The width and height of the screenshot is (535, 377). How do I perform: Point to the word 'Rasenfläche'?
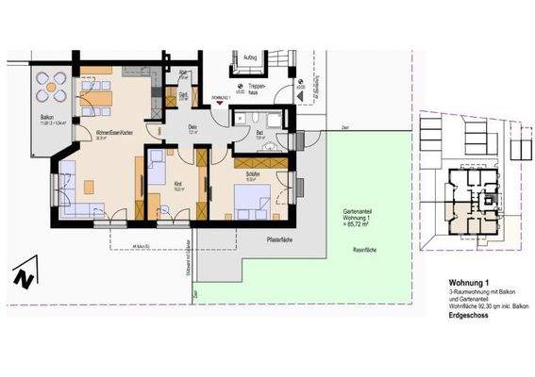(365, 250)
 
